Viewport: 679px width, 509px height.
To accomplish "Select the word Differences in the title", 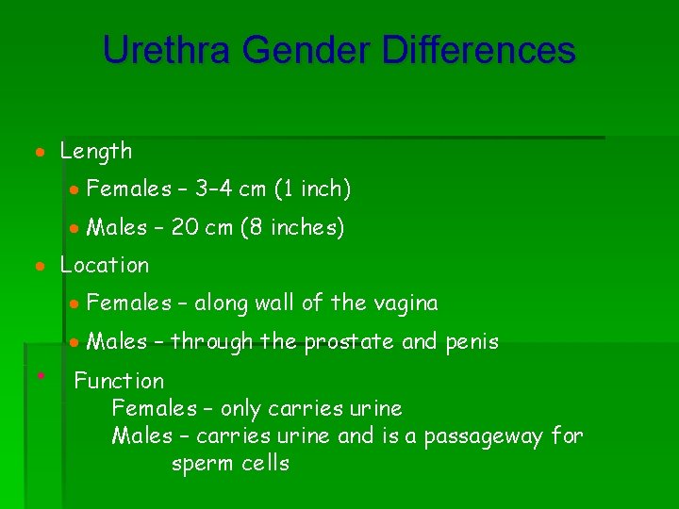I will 478,50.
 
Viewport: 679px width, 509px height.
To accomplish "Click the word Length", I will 96,151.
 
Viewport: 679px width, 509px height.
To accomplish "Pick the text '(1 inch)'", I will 312,189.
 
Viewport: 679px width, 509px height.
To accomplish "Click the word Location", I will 105,265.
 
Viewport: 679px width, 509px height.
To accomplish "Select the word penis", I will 470,341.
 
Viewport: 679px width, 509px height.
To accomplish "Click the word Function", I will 119,381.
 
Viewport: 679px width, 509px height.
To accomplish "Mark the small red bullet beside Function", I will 41,374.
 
